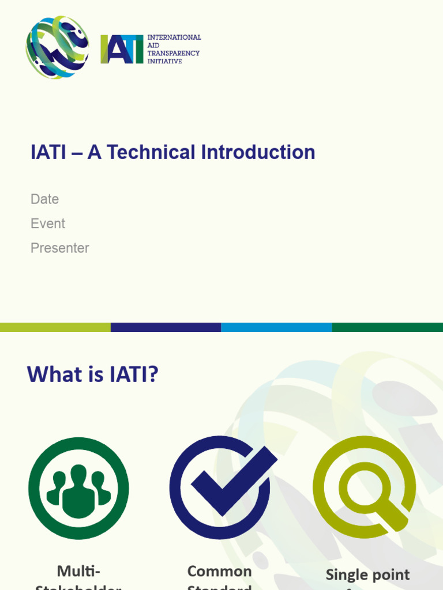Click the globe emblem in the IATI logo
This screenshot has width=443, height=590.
tap(57, 47)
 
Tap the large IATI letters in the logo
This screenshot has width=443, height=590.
tap(122, 50)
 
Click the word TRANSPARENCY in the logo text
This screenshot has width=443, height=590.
tap(174, 53)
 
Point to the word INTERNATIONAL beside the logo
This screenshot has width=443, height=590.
tap(174, 37)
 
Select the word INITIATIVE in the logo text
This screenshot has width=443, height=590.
tap(164, 61)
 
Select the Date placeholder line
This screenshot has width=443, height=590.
tap(45, 199)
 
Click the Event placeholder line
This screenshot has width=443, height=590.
tap(48, 224)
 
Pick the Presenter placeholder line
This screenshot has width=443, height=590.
tap(60, 248)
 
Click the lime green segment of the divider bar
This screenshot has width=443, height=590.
tap(55, 327)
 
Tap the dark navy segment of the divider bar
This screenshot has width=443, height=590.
tap(166, 327)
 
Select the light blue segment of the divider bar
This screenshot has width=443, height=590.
tap(276, 327)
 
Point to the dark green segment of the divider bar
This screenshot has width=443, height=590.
tap(388, 327)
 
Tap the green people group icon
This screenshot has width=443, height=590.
tap(78, 489)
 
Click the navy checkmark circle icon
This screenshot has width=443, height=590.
tap(220, 487)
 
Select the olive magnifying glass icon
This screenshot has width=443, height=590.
tap(364, 487)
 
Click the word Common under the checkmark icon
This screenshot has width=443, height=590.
tap(220, 571)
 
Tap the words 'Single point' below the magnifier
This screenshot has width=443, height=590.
tap(367, 574)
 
